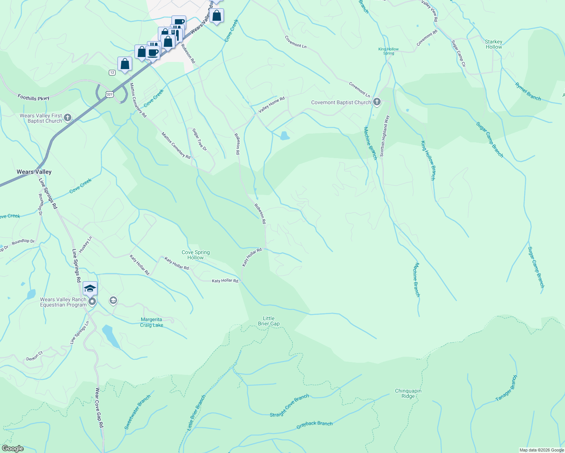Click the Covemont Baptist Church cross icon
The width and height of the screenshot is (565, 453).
[377, 102]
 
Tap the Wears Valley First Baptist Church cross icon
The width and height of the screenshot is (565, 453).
[68, 118]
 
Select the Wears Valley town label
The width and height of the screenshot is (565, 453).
[34, 172]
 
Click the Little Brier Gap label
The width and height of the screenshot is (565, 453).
[269, 321]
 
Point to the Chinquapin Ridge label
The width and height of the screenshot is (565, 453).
[408, 393]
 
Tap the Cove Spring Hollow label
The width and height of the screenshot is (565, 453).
[196, 255]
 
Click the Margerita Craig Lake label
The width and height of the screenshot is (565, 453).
[151, 322]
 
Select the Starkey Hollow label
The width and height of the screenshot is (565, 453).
[494, 44]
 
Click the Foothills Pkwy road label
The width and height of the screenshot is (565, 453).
[34, 98]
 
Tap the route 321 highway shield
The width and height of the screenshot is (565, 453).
[109, 94]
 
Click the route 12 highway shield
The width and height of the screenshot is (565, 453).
[112, 72]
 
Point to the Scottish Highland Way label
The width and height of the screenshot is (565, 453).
[384, 136]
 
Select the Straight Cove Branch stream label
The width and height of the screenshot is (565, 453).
[289, 406]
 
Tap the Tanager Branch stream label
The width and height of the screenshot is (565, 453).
[506, 388]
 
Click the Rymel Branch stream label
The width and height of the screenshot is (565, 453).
[528, 92]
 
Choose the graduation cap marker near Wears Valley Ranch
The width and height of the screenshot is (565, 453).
[90, 289]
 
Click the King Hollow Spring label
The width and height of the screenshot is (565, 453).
[388, 51]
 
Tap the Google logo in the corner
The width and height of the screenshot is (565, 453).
[12, 448]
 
